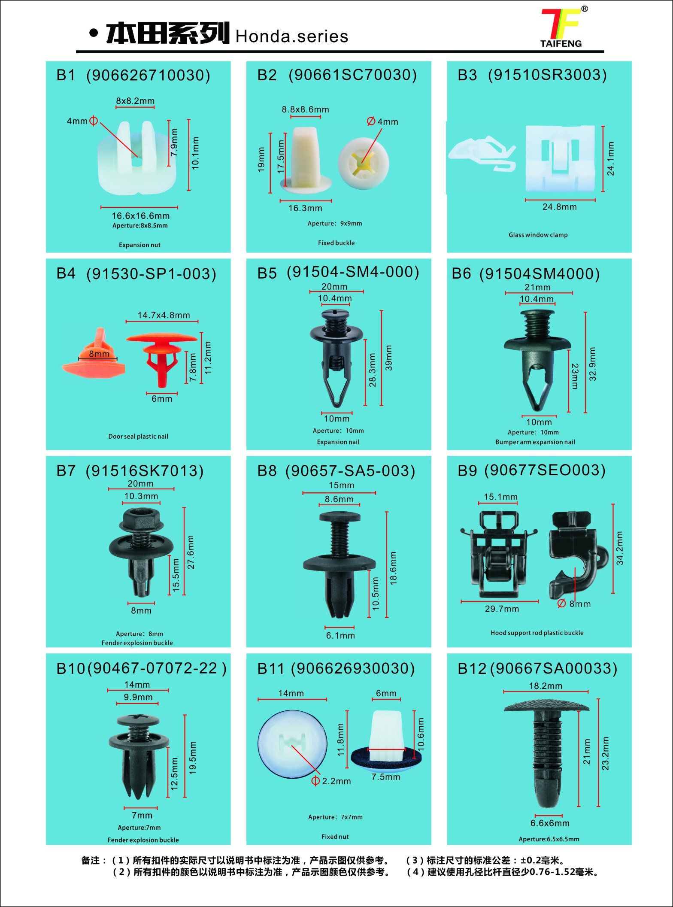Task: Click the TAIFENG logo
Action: click(x=563, y=27)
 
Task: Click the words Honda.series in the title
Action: click(x=292, y=36)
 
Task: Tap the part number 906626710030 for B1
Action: click(x=148, y=76)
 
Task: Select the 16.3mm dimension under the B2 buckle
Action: click(x=305, y=208)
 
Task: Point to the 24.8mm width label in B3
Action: click(x=560, y=207)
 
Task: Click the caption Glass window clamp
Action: click(x=538, y=235)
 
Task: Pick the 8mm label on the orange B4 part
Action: click(x=99, y=354)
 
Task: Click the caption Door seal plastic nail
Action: click(x=138, y=437)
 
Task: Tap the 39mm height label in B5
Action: click(x=389, y=358)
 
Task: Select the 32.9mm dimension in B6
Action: click(x=593, y=364)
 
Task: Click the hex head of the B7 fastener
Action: click(x=141, y=521)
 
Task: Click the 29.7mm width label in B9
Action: click(x=502, y=609)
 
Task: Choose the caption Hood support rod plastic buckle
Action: click(x=537, y=633)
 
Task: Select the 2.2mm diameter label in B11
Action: click(x=336, y=781)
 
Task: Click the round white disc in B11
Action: click(x=292, y=744)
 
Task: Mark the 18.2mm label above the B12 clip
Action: click(x=546, y=686)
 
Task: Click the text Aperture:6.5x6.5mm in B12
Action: click(x=549, y=839)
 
